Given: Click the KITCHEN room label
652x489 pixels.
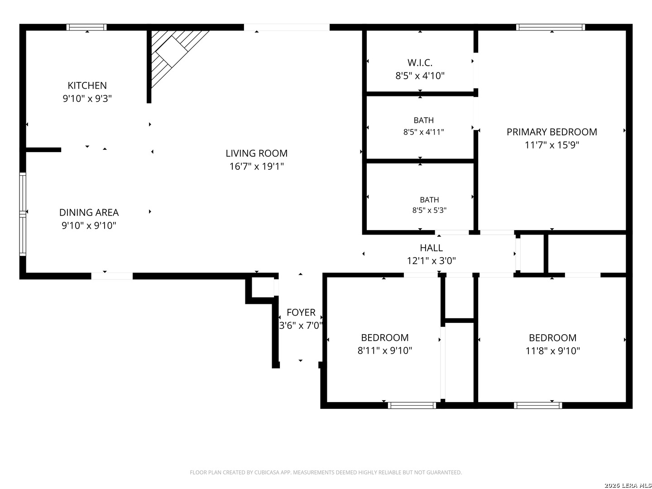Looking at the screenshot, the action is click(x=87, y=86).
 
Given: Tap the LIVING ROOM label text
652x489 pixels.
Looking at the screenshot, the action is click(x=256, y=153).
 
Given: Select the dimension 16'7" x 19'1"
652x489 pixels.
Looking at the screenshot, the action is click(x=256, y=166).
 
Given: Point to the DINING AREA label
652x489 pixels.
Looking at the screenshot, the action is click(x=89, y=213).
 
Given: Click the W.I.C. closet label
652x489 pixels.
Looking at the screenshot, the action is click(x=420, y=62).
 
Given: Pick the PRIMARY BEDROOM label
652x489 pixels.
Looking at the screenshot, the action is click(x=551, y=132).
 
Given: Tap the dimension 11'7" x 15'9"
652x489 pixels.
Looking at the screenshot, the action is click(x=551, y=145).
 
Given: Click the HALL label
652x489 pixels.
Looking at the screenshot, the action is click(x=431, y=248).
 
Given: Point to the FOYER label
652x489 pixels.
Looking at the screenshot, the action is click(x=301, y=312).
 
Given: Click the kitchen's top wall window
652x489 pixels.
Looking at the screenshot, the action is click(x=86, y=27).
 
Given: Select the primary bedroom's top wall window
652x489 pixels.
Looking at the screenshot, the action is click(x=551, y=27).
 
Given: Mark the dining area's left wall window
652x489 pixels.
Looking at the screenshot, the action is click(x=23, y=214).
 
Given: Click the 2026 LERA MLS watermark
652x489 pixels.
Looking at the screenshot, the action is click(x=628, y=485).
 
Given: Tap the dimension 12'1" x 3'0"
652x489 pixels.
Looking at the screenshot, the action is click(x=431, y=261).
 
